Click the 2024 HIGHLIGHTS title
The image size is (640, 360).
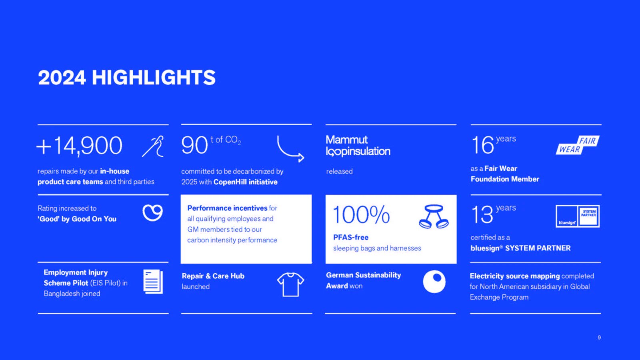pyautogui.click(x=126, y=78)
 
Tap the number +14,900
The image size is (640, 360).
pyautogui.click(x=80, y=146)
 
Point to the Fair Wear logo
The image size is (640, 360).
pyautogui.click(x=578, y=145)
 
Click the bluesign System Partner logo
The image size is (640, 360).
pyautogui.click(x=578, y=216)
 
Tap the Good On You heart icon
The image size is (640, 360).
pyautogui.click(x=152, y=213)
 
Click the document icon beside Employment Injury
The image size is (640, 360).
pyautogui.click(x=153, y=282)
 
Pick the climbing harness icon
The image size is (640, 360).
pyautogui.click(x=434, y=216)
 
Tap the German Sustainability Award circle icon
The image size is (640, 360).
pyautogui.click(x=434, y=282)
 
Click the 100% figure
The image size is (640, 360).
pyautogui.click(x=362, y=214)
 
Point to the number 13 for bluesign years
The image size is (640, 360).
pyautogui.click(x=482, y=215)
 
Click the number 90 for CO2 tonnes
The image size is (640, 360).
pyautogui.click(x=194, y=146)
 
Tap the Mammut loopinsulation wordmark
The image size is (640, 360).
pyautogui.click(x=358, y=146)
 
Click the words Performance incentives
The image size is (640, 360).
pyautogui.click(x=227, y=208)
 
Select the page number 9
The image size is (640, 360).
pyautogui.click(x=599, y=338)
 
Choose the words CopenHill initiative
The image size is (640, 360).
pyautogui.click(x=246, y=182)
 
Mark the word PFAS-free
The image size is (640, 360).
pyautogui.click(x=351, y=238)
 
